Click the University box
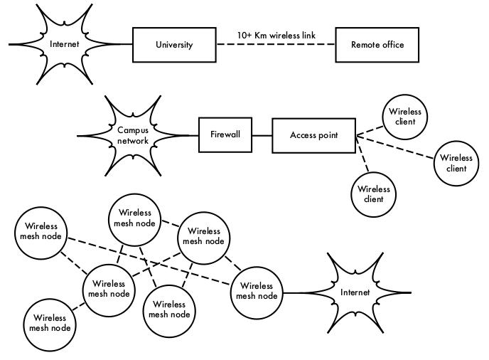(x=174, y=45)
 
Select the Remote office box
(x=377, y=45)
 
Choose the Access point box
(x=313, y=134)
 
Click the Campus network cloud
(x=133, y=135)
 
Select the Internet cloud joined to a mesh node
(x=355, y=292)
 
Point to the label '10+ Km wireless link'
(x=276, y=34)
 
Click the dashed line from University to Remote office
(x=276, y=45)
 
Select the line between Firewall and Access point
(x=262, y=134)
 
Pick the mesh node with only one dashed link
(x=49, y=323)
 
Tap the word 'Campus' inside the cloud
(x=133, y=131)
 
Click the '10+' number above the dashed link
(x=244, y=34)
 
